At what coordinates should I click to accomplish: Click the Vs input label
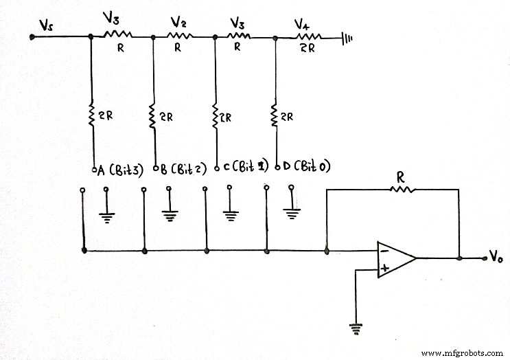coord(46,25)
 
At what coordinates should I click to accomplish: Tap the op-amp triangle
coord(395,259)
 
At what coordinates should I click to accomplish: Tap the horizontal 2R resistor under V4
coord(308,38)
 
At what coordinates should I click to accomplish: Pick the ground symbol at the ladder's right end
coord(347,39)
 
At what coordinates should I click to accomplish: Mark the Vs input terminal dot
coord(32,38)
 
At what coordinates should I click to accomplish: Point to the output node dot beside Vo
coord(459,258)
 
